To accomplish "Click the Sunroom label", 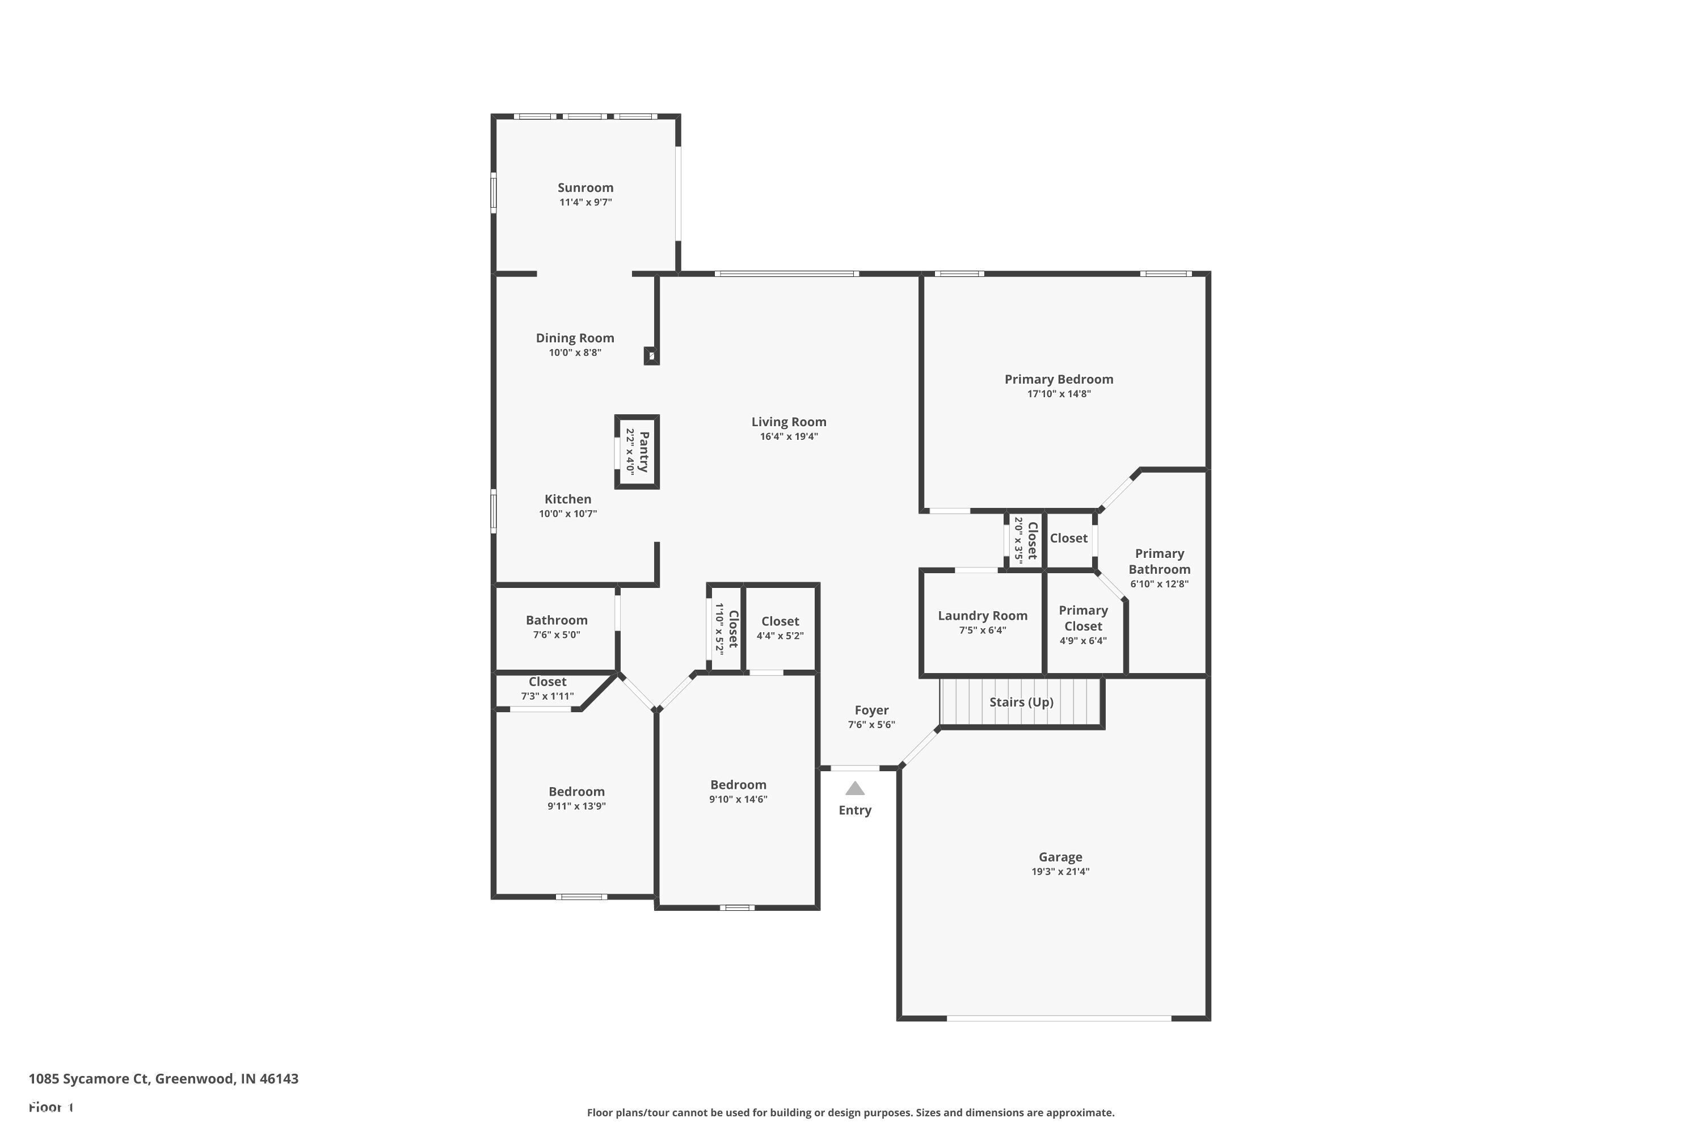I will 585,187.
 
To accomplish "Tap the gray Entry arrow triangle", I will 854,788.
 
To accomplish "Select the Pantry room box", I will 637,452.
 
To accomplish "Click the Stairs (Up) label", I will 1021,702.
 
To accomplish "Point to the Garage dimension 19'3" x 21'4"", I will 1060,872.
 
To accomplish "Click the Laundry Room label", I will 982,615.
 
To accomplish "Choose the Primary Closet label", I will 1082,618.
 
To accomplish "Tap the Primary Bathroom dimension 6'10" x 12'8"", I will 1158,584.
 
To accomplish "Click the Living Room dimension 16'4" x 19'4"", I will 789,436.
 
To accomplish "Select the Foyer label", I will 871,710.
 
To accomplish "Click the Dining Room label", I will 575,338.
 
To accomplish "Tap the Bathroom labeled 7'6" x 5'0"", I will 556,627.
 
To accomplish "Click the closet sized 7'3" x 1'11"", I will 547,688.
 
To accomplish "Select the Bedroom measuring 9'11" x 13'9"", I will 576,798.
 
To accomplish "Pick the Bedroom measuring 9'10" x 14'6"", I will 738,791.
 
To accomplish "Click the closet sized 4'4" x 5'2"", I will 780,628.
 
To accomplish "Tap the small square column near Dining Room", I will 651,355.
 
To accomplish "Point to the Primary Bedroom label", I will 1058,379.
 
